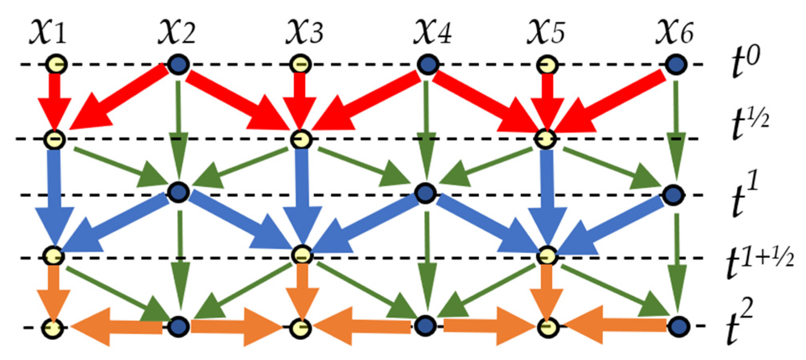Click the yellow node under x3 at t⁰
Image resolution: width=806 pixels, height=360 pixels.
[301, 64]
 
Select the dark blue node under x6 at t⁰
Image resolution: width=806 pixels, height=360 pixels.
[676, 64]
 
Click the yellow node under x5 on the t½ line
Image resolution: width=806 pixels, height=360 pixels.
[546, 139]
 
